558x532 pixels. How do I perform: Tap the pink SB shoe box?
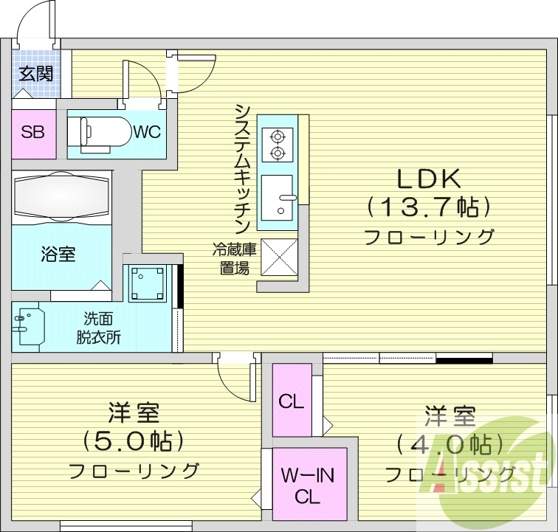click(x=33, y=133)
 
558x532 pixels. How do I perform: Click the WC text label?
click(x=146, y=133)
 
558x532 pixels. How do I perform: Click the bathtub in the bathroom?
click(x=61, y=197)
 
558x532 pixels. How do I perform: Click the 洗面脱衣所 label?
click(x=98, y=329)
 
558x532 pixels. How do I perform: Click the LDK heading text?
click(x=429, y=179)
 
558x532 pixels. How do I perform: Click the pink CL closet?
click(x=291, y=402)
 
